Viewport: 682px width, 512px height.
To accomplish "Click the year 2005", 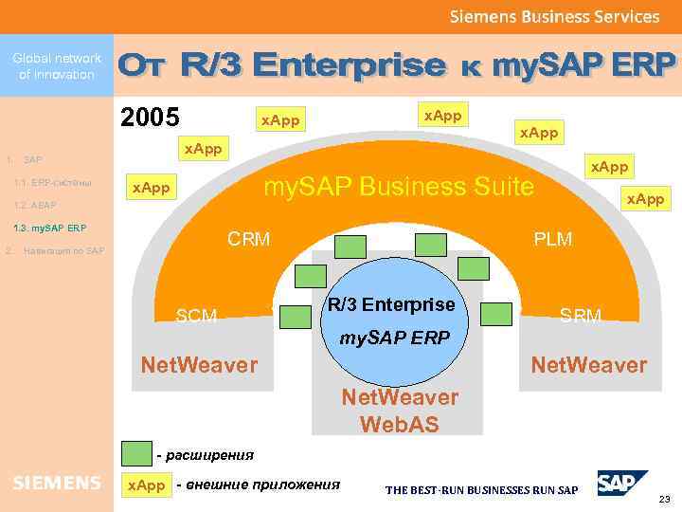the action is pyautogui.click(x=150, y=118).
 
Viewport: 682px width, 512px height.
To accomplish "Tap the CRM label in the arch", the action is pyautogui.click(x=249, y=239).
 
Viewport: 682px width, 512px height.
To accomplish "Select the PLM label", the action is pyautogui.click(x=552, y=239).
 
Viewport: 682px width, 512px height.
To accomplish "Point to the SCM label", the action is pyautogui.click(x=197, y=316).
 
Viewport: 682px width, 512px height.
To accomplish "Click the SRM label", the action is pyautogui.click(x=581, y=316).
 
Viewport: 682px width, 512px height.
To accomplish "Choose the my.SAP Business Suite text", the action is pyautogui.click(x=398, y=186).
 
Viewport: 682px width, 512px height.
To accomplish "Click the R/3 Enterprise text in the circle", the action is pyautogui.click(x=391, y=305).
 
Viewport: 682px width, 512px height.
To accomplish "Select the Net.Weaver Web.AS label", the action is pyautogui.click(x=399, y=411).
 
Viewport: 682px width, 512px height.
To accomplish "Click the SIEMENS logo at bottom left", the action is pyautogui.click(x=57, y=484).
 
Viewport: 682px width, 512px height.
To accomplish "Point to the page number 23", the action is pyautogui.click(x=663, y=499).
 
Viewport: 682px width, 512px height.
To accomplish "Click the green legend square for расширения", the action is pyautogui.click(x=137, y=454).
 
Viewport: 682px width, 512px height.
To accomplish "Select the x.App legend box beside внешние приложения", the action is pyautogui.click(x=146, y=485).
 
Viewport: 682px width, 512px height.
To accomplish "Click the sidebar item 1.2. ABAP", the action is pyautogui.click(x=36, y=205).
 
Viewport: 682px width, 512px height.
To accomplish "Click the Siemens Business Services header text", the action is pyautogui.click(x=554, y=16).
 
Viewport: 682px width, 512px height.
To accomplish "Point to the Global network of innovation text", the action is pyautogui.click(x=57, y=65).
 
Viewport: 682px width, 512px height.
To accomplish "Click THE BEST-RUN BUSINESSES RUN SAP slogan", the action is pyautogui.click(x=480, y=490).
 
